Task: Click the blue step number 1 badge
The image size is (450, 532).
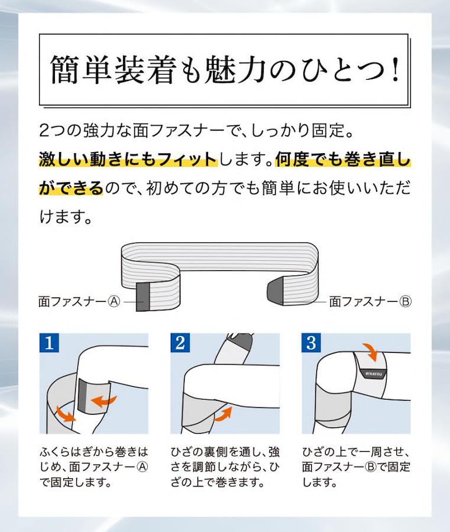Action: [49, 343]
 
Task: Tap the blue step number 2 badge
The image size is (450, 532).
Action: [180, 343]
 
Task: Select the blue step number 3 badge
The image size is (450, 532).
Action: [311, 343]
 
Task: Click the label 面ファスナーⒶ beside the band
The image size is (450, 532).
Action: [79, 301]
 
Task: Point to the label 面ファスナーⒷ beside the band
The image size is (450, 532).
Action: [370, 301]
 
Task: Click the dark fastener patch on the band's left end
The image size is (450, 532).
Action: [143, 297]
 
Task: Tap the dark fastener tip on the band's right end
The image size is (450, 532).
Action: [274, 291]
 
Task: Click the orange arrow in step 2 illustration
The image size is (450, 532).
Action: [223, 414]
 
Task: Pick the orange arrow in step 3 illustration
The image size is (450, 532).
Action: [370, 352]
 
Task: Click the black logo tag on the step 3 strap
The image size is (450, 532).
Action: [373, 373]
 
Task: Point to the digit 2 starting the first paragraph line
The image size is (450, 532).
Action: [44, 131]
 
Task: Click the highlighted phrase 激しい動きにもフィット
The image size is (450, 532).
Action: [128, 160]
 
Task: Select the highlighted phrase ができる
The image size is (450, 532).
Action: [71, 187]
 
